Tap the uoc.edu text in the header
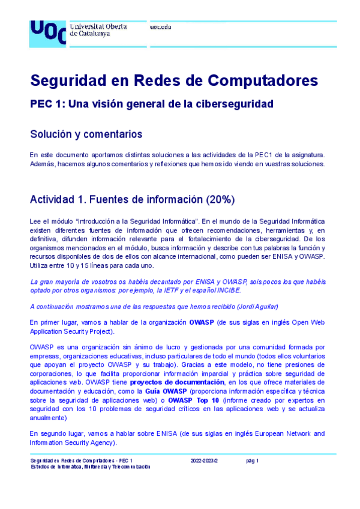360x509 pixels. [x=160, y=27]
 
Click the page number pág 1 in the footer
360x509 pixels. [x=252, y=460]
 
